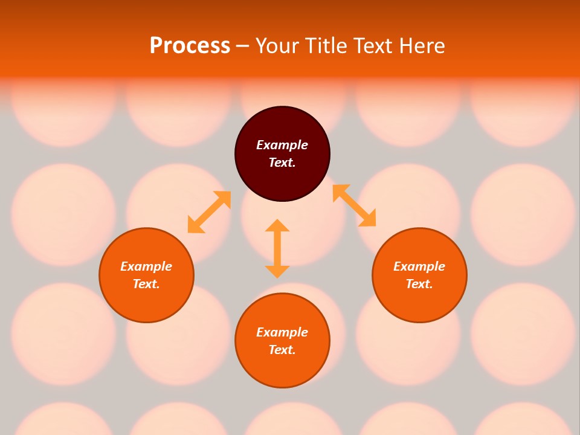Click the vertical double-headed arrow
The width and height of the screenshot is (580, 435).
(x=277, y=248)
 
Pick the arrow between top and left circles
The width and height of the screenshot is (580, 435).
(x=209, y=212)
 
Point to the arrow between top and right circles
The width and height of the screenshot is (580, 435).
(x=354, y=205)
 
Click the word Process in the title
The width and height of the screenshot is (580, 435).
(x=190, y=46)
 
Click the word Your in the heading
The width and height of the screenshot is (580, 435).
(x=278, y=46)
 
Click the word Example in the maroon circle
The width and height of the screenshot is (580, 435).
(x=282, y=145)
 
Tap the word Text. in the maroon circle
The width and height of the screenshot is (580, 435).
(x=282, y=163)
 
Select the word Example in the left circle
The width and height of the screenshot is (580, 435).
(x=146, y=266)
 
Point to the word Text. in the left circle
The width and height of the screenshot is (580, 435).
(x=146, y=284)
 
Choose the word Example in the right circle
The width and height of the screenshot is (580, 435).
(x=419, y=266)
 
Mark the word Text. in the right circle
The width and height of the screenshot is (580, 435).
(x=419, y=284)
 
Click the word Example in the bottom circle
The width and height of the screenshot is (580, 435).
(x=282, y=332)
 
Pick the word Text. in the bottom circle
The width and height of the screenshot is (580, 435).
(x=282, y=350)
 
